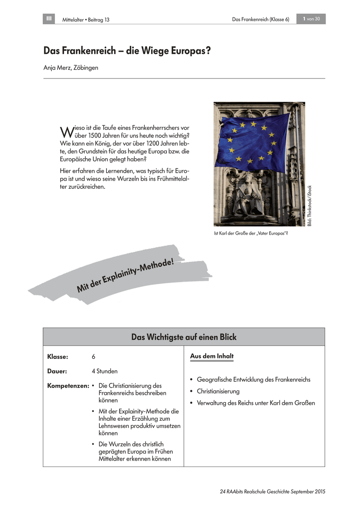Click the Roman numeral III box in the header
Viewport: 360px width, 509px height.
click(49, 19)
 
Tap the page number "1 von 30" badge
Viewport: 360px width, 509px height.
click(311, 19)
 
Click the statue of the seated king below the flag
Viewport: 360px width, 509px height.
click(246, 193)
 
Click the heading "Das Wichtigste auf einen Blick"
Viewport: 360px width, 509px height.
click(184, 337)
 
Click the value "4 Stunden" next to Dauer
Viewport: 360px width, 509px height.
click(104, 371)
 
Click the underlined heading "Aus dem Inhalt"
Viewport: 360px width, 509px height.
click(212, 356)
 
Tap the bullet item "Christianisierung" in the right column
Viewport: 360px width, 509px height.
click(218, 391)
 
